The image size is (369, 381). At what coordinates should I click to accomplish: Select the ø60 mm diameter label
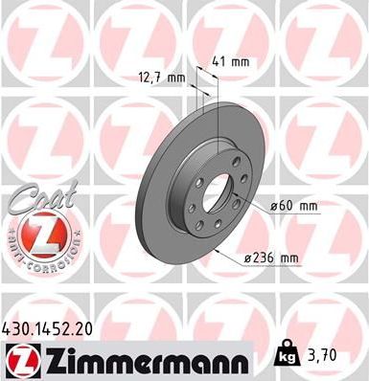[294, 204]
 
